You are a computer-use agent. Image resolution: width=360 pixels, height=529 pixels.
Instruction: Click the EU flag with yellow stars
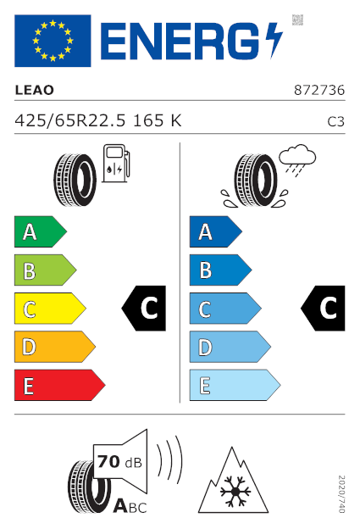53,41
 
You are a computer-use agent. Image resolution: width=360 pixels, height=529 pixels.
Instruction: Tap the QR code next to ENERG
297,19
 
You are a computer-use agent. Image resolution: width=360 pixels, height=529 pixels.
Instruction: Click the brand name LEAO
35,90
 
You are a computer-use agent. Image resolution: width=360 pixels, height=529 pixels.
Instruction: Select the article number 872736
319,90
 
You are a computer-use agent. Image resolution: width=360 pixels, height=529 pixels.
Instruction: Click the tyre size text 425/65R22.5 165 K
98,120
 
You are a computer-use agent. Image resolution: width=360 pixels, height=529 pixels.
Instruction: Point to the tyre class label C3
335,121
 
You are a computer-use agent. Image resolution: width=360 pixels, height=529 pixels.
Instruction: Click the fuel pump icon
116,164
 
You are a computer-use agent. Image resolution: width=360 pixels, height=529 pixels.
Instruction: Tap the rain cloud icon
297,160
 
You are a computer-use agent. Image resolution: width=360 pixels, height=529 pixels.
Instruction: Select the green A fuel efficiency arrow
41,231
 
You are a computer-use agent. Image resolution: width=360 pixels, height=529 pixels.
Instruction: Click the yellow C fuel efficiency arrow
50,309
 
